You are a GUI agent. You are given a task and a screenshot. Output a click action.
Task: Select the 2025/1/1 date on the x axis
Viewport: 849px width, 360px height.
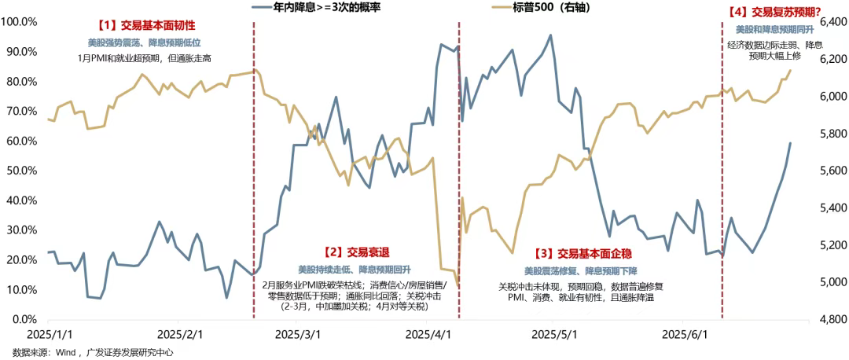(49, 334)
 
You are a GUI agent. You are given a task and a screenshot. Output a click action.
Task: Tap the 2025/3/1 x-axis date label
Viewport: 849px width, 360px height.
(298, 334)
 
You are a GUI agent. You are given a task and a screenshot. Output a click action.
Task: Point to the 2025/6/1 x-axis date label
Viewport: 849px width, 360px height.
(685, 334)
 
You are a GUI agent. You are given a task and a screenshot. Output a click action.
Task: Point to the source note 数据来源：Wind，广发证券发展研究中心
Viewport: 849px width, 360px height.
(92, 353)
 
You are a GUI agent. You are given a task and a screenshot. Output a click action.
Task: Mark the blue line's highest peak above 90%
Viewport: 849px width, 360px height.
(550, 35)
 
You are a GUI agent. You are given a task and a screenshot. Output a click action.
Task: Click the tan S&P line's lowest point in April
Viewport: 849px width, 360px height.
(458, 285)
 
